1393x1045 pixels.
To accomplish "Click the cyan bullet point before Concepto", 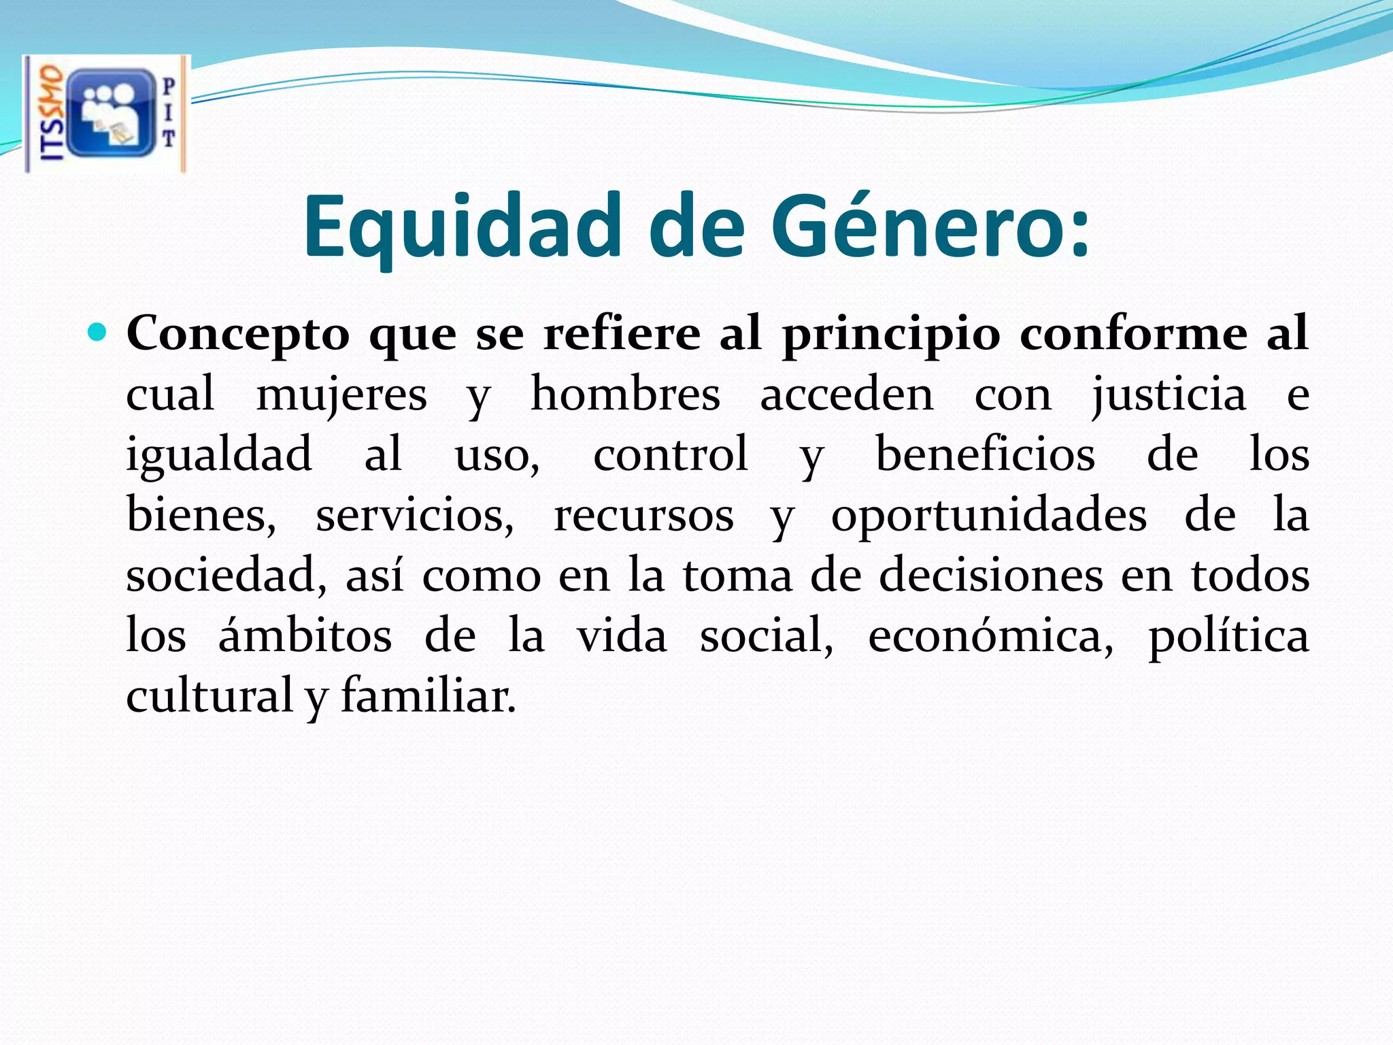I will click(98, 333).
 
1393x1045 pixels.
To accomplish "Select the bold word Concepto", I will click(238, 335).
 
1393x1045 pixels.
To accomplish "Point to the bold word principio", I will click(891, 335).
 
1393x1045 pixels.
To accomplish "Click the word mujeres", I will click(341, 395).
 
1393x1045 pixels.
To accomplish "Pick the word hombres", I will click(625, 394).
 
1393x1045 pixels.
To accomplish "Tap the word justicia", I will click(1169, 395).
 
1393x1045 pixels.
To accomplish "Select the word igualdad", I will click(219, 455).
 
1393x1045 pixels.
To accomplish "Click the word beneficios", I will click(985, 454).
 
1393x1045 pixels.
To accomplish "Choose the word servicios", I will click(414, 515).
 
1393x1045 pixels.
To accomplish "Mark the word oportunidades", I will click(989, 515).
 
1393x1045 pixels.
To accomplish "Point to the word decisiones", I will click(990, 575).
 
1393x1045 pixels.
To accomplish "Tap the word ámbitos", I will click(305, 635).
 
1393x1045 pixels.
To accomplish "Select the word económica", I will click(990, 636).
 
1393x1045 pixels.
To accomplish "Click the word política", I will click(1228, 636).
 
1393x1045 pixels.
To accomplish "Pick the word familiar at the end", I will click(429, 695).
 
